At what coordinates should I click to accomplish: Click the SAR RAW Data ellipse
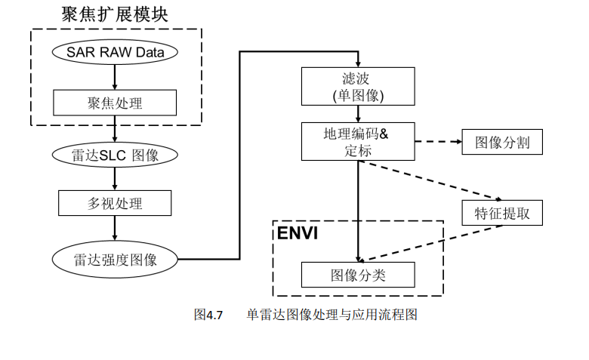[115, 53]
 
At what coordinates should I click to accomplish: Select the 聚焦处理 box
[115, 101]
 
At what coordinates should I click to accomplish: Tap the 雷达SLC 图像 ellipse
[115, 155]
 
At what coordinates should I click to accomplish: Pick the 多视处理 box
[115, 203]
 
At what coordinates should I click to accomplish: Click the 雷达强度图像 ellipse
[115, 260]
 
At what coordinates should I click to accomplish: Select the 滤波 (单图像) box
[358, 86]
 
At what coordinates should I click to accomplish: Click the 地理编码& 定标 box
[358, 141]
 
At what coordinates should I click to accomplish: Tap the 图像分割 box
[502, 142]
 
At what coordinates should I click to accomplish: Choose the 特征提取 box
[502, 213]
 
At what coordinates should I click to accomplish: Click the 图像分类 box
[358, 275]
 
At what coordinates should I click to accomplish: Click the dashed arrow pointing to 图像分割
[438, 142]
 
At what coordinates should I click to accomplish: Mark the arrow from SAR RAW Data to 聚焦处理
[115, 77]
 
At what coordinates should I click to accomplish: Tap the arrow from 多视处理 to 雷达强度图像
[115, 229]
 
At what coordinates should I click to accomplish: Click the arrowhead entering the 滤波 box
[358, 63]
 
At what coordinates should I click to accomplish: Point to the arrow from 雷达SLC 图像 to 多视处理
[115, 178]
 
